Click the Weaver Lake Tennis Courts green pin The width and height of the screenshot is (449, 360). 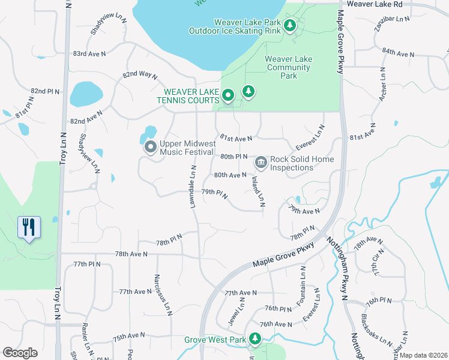pyautogui.click(x=228, y=95)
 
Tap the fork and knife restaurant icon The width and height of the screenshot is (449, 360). pyautogui.click(x=29, y=227)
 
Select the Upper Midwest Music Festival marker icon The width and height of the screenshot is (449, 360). pyautogui.click(x=149, y=146)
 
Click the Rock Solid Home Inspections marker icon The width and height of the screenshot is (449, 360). pyautogui.click(x=261, y=162)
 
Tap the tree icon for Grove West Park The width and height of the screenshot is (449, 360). pyautogui.click(x=255, y=339)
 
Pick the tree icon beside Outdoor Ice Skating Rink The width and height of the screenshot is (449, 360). pyautogui.click(x=290, y=26)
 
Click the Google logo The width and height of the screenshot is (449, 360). pyautogui.click(x=20, y=352)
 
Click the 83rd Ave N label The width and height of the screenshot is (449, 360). pyautogui.click(x=89, y=54)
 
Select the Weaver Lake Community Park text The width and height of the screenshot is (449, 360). pyautogui.click(x=289, y=67)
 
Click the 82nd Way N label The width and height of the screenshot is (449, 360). pyautogui.click(x=140, y=76)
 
